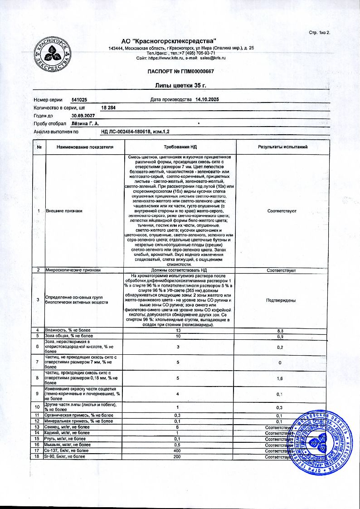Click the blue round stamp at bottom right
[x=321, y=443]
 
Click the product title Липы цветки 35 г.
[x=180, y=86]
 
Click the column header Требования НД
[x=180, y=147]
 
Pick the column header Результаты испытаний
[x=282, y=147]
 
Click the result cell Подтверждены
[x=282, y=300]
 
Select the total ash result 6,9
[x=282, y=336]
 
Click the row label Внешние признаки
[x=64, y=211]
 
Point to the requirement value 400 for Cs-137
[x=180, y=450]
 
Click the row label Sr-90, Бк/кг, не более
[x=64, y=456]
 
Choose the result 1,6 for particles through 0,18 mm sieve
[x=282, y=377]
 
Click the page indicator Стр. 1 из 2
[x=320, y=33]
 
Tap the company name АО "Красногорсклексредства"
[x=169, y=41]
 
